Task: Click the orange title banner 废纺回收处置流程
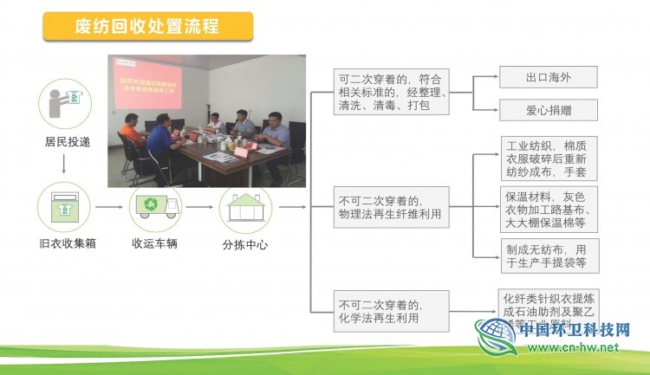[x=147, y=26]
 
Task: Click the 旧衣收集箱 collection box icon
[x=64, y=208]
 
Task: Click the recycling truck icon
[x=155, y=208]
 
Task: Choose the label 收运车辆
[x=155, y=243]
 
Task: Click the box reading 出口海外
[x=548, y=76]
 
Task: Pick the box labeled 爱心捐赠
[x=548, y=110]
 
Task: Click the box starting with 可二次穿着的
[x=392, y=92]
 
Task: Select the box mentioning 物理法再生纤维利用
[x=392, y=207]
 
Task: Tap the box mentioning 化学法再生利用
[x=392, y=311]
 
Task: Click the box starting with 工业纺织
[x=548, y=158]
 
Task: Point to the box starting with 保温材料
[x=548, y=209]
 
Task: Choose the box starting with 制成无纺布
[x=548, y=255]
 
